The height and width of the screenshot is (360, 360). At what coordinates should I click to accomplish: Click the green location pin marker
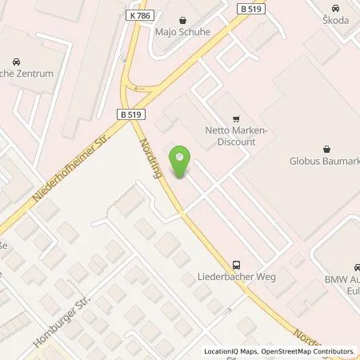(181, 162)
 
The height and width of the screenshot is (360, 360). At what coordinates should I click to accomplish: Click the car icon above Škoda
(338, 9)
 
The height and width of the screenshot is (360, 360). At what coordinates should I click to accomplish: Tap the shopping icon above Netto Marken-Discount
(235, 117)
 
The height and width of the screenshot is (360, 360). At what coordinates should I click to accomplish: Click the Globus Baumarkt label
(324, 159)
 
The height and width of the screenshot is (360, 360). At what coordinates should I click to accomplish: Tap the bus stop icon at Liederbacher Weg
(236, 264)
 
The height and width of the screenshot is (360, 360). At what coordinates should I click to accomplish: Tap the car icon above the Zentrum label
(16, 62)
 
